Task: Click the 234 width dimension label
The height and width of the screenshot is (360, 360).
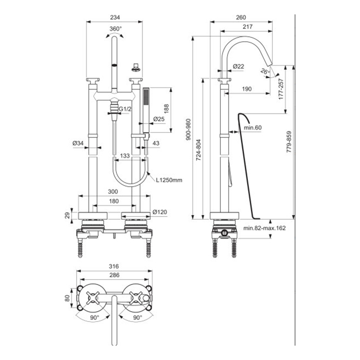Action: pyautogui.click(x=115, y=17)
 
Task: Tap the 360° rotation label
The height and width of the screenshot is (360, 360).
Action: pyautogui.click(x=116, y=29)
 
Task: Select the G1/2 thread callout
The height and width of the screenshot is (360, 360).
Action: pyautogui.click(x=125, y=109)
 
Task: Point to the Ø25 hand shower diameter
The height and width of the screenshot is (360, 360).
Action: pyautogui.click(x=159, y=119)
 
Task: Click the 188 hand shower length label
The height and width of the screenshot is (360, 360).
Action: pyautogui.click(x=167, y=109)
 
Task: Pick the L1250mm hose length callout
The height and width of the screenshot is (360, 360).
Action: pyautogui.click(x=169, y=180)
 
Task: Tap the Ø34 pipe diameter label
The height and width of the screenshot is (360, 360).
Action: pyautogui.click(x=78, y=143)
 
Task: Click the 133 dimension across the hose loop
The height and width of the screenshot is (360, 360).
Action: pyautogui.click(x=124, y=156)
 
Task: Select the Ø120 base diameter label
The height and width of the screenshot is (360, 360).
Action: pyautogui.click(x=160, y=212)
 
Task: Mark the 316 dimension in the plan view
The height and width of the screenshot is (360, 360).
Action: pyautogui.click(x=114, y=266)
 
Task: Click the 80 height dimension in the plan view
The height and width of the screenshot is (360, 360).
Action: pyautogui.click(x=67, y=298)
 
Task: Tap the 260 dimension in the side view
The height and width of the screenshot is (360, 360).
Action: pyautogui.click(x=241, y=17)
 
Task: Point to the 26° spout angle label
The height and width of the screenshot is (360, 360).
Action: pyautogui.click(x=264, y=71)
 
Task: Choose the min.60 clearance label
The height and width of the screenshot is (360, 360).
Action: pyautogui.click(x=253, y=128)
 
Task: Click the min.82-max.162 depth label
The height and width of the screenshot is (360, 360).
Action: pyautogui.click(x=264, y=228)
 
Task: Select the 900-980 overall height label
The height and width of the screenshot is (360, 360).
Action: pyautogui.click(x=188, y=130)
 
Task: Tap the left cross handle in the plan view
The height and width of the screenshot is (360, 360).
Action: pyautogui.click(x=93, y=298)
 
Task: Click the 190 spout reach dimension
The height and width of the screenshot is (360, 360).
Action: pyautogui.click(x=247, y=89)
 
